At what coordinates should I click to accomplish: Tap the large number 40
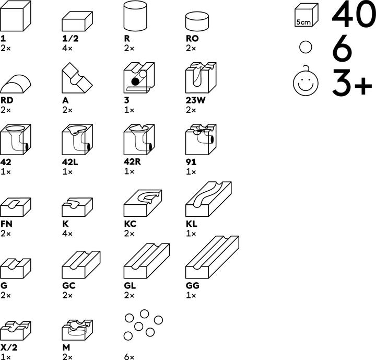pyautogui.click(x=354, y=14)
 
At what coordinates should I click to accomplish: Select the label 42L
pyautogui.click(x=70, y=162)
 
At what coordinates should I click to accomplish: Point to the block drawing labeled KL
pyautogui.click(x=208, y=199)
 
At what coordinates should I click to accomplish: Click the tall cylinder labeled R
pyautogui.click(x=135, y=16)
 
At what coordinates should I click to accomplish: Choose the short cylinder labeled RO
pyautogui.click(x=197, y=21)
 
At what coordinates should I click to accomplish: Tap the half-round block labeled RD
pyautogui.click(x=16, y=84)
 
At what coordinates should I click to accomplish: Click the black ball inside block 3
pyautogui.click(x=135, y=82)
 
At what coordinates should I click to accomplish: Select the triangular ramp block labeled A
pyautogui.click(x=77, y=78)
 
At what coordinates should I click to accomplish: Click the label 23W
pyautogui.click(x=195, y=100)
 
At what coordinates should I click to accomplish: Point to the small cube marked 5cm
pyautogui.click(x=306, y=15)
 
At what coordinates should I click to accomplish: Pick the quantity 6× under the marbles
pyautogui.click(x=129, y=357)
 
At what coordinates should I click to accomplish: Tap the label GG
pyautogui.click(x=192, y=286)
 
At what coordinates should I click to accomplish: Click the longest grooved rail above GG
pyautogui.click(x=212, y=257)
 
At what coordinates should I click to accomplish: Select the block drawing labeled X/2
pyautogui.click(x=16, y=330)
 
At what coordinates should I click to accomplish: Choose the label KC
pyautogui.click(x=130, y=224)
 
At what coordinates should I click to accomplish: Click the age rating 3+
pyautogui.click(x=352, y=83)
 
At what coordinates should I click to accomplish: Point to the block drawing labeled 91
pyautogui.click(x=201, y=140)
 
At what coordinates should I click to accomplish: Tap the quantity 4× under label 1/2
pyautogui.click(x=67, y=48)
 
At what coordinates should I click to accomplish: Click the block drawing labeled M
pyautogui.click(x=77, y=330)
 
